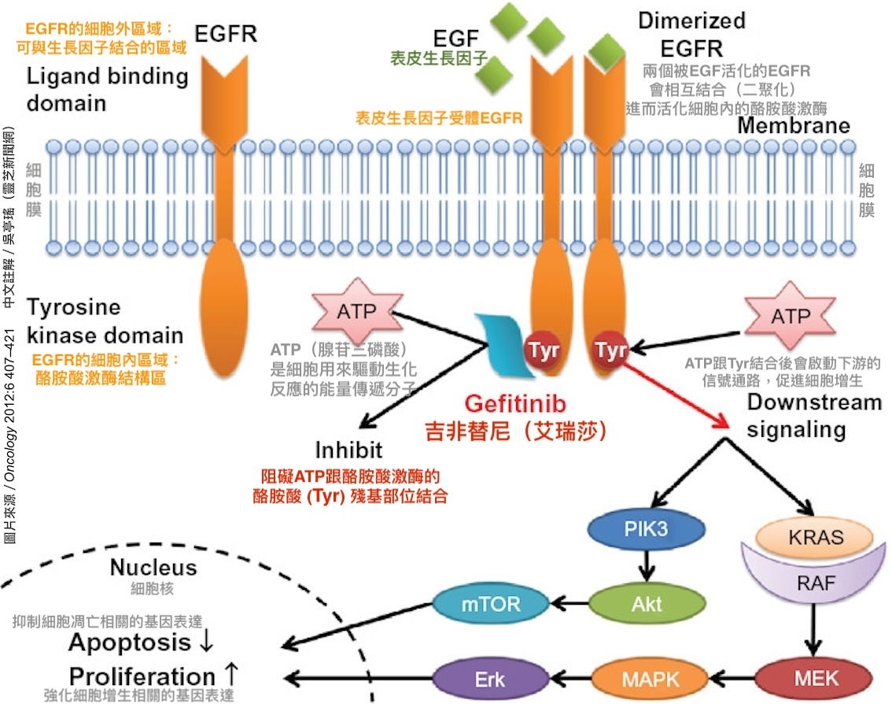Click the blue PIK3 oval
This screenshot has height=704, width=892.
pyautogui.click(x=647, y=530)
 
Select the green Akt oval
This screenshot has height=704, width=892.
pyautogui.click(x=647, y=605)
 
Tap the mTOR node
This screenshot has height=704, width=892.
pyautogui.click(x=481, y=605)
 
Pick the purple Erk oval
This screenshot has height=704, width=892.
pyautogui.click(x=489, y=678)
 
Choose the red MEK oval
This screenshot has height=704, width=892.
pyautogui.click(x=815, y=678)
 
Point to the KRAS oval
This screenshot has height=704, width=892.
pyautogui.click(x=816, y=539)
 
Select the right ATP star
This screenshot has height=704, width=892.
pyautogui.click(x=790, y=317)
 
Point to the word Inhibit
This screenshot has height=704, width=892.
pyautogui.click(x=348, y=450)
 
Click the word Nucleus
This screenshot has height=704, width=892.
pyautogui.click(x=153, y=567)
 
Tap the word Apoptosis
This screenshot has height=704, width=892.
pyautogui.click(x=129, y=643)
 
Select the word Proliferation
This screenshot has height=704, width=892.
pyautogui.click(x=142, y=676)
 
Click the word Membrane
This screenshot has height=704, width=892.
pyautogui.click(x=793, y=126)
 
